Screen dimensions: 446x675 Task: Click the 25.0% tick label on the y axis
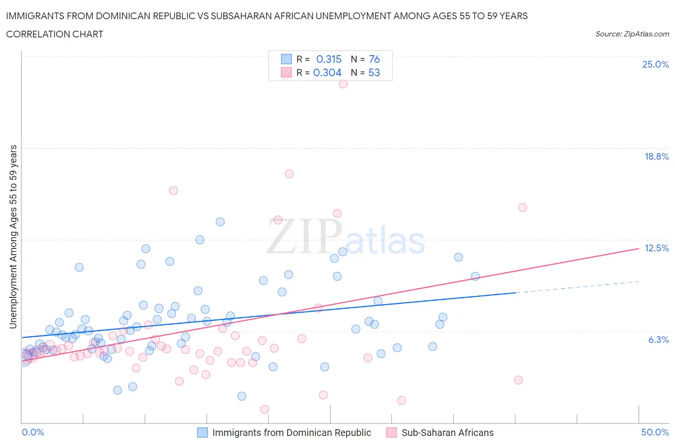click(x=655, y=64)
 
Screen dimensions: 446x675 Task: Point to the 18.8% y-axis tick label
click(x=656, y=156)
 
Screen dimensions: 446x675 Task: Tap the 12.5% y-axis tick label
click(x=656, y=248)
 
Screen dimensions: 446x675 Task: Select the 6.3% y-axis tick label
click(x=658, y=340)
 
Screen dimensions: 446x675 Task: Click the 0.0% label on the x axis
click(x=33, y=432)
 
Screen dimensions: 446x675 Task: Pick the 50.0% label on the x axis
click(x=655, y=432)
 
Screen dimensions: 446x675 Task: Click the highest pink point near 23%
click(x=343, y=83)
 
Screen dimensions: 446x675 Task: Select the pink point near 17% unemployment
click(x=289, y=174)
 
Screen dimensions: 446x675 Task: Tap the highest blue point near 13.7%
click(x=220, y=222)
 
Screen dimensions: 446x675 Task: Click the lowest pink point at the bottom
click(x=265, y=409)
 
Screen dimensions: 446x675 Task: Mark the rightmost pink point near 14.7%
click(x=523, y=207)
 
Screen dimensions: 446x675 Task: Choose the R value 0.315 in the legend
click(x=329, y=59)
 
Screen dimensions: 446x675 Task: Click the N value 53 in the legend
click(x=374, y=72)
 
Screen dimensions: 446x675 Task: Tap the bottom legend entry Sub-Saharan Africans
click(x=447, y=433)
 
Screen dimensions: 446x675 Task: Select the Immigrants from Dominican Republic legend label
click(x=291, y=433)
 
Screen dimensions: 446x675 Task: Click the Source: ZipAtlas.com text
click(x=632, y=34)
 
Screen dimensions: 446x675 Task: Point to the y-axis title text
click(x=13, y=237)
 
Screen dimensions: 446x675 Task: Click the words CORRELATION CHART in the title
click(x=55, y=34)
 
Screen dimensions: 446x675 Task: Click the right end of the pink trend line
click(x=638, y=248)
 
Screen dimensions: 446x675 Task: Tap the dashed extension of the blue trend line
click(x=576, y=287)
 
